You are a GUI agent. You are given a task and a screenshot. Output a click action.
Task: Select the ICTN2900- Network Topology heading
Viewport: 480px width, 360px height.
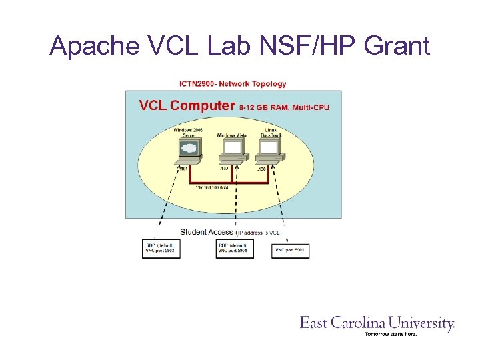[233, 84]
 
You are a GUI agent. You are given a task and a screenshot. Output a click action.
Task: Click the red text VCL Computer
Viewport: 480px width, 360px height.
[187, 105]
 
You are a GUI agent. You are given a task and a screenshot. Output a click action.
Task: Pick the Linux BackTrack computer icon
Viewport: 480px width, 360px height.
[271, 152]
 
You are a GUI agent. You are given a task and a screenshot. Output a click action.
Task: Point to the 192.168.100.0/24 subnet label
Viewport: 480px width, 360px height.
[213, 188]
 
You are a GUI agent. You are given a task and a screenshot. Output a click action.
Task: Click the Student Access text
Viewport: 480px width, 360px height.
[207, 232]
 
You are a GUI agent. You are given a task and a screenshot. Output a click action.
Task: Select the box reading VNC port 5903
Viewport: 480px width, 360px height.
[161, 248]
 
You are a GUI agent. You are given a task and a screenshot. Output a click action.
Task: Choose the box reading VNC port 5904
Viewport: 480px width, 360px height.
[235, 248]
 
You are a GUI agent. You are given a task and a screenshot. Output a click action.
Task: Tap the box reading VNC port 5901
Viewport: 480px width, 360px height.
[291, 250]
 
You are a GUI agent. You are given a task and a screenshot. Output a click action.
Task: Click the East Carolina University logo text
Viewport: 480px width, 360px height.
[377, 323]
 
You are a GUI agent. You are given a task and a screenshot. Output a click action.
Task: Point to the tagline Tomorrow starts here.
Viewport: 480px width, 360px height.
[391, 334]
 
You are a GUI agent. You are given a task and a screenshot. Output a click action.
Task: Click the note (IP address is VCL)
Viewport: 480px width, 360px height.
[261, 232]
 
